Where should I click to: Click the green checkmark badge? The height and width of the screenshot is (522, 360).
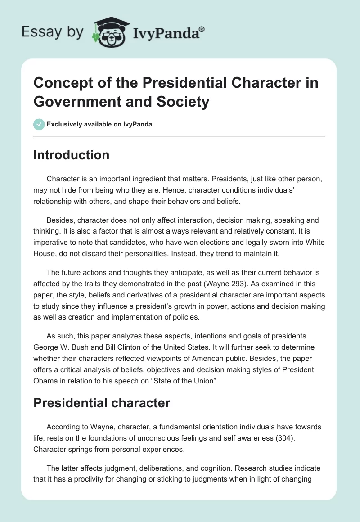pos(39,124)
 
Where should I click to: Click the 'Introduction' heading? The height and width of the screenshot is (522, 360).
pos(72,155)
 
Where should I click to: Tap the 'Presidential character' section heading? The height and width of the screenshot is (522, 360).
pos(102,402)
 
